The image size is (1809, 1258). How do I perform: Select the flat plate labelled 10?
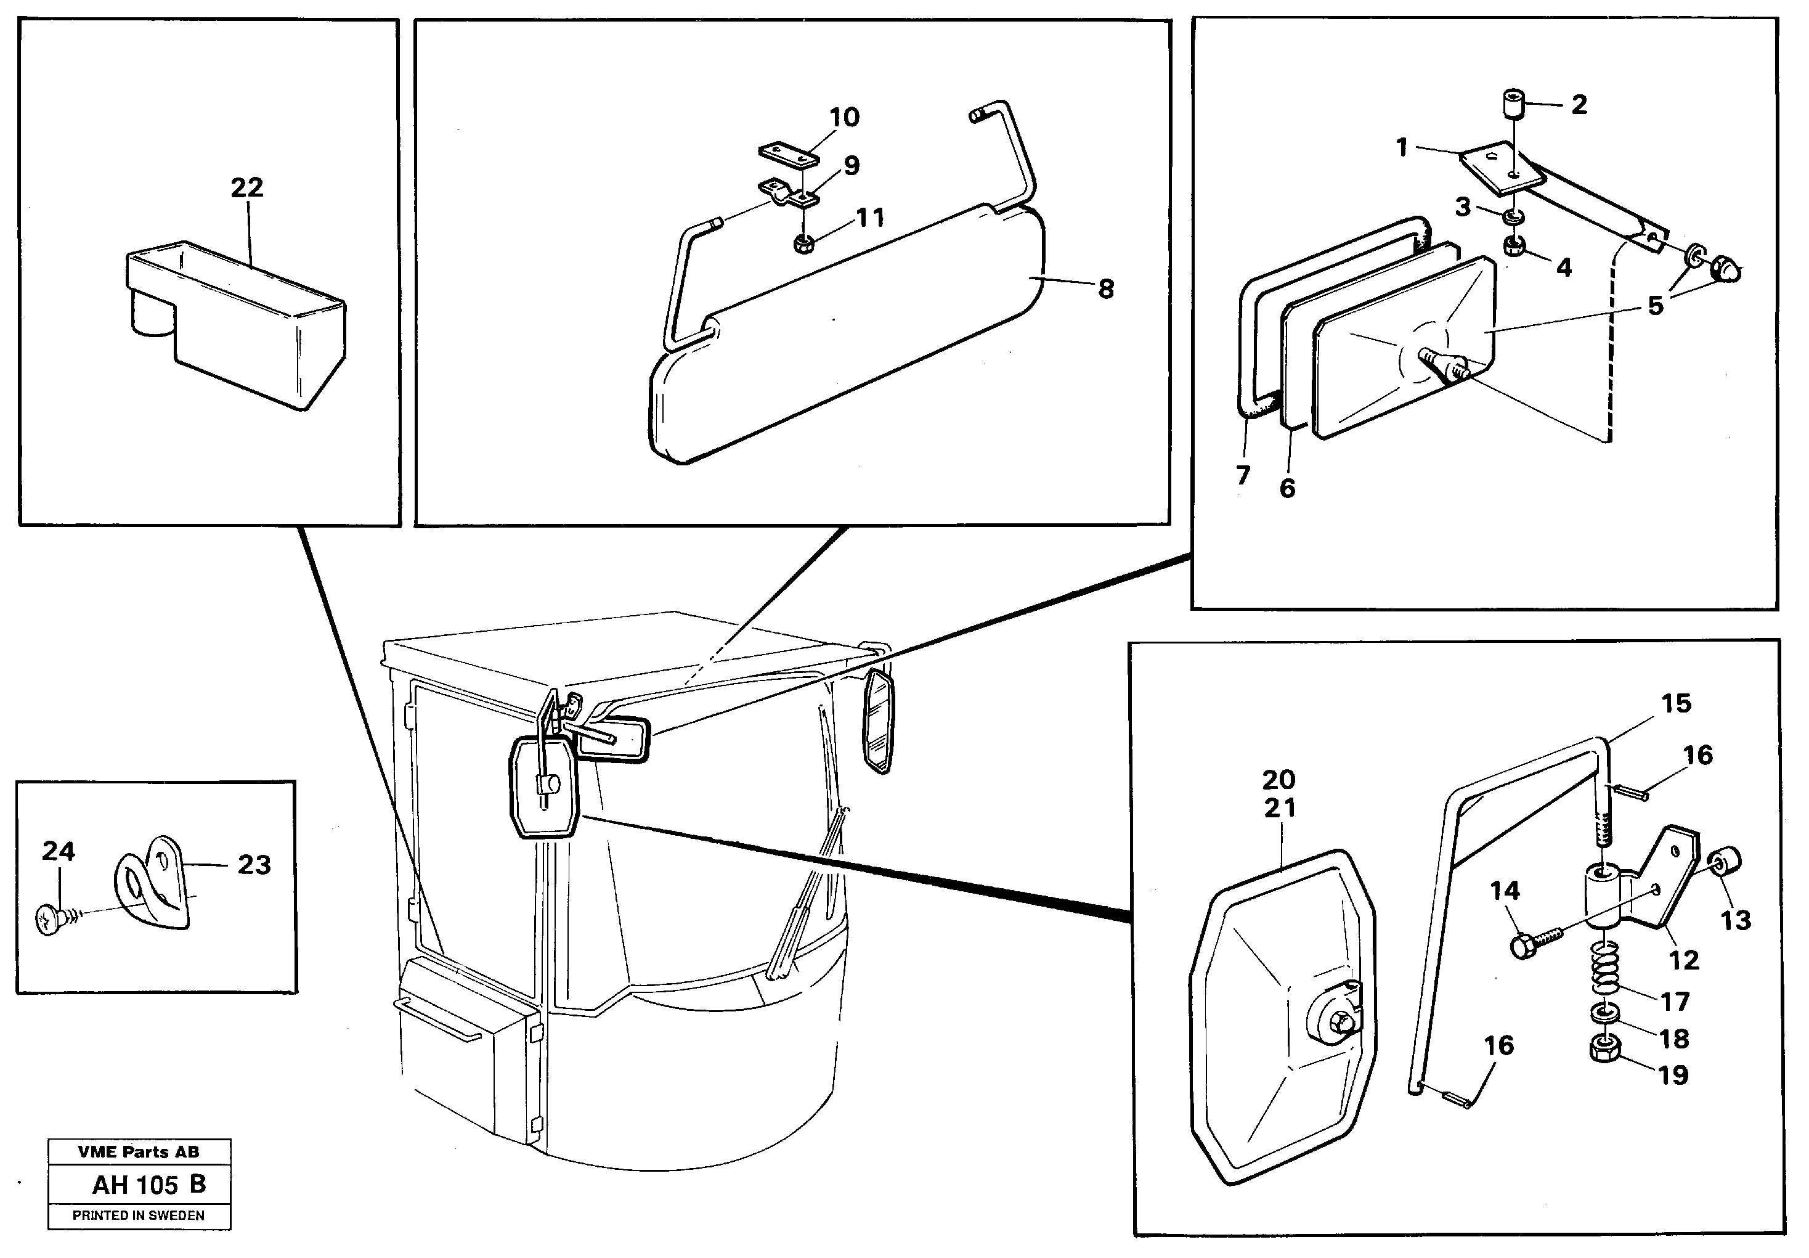(789, 153)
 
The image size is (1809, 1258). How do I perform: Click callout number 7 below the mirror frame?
(1243, 475)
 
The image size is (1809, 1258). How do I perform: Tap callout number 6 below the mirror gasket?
(1287, 489)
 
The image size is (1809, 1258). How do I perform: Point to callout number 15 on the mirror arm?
(1677, 703)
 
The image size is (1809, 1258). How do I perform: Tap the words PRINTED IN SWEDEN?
(139, 1216)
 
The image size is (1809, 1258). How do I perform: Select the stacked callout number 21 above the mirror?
(1280, 808)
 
